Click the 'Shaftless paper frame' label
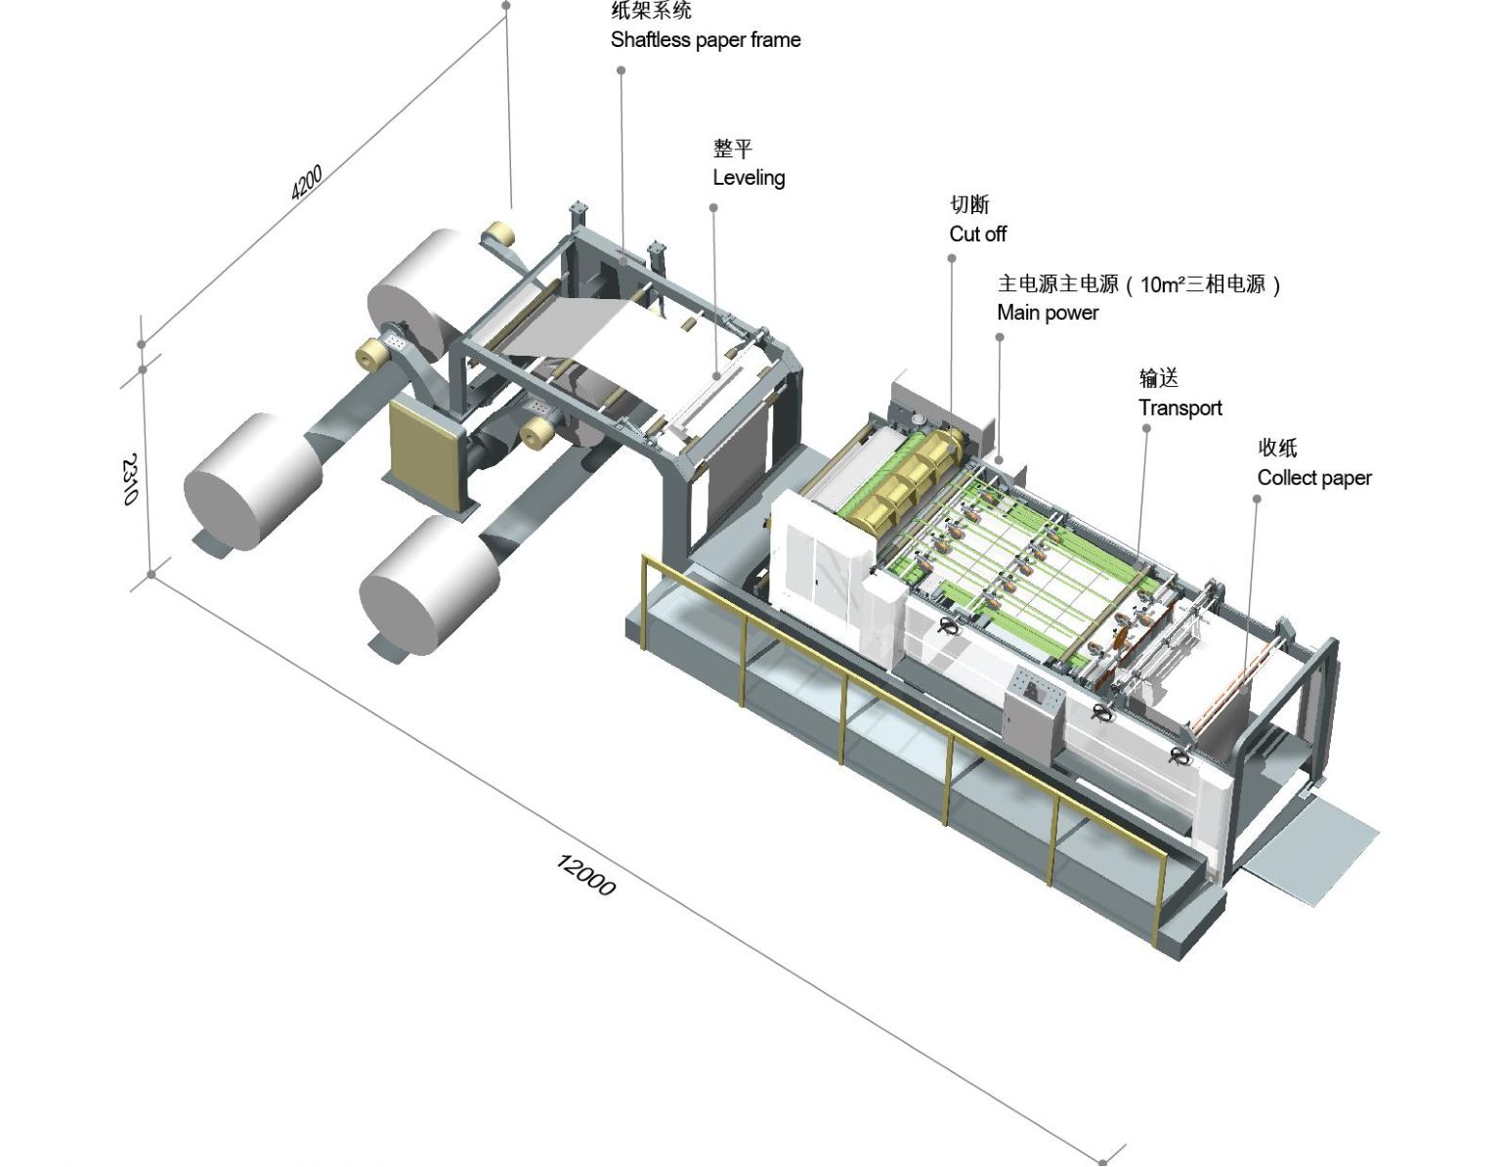point(705,40)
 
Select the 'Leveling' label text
point(749,178)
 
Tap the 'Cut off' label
point(977,234)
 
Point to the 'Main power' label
point(1048,313)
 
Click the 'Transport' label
point(1179,408)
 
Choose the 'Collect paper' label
point(1313,478)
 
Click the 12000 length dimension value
point(585,875)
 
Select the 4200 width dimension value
point(307,183)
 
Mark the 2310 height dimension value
point(129,479)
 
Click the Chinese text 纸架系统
point(651,11)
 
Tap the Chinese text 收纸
point(1277,448)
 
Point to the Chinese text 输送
point(1158,378)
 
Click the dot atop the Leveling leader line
point(713,207)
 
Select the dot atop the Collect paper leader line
point(1257,499)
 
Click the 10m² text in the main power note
point(1162,284)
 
